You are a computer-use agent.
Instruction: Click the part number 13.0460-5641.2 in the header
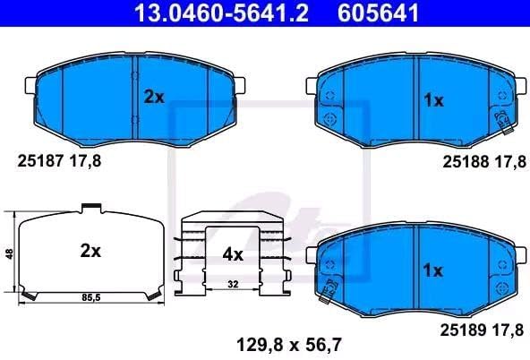tap(221, 13)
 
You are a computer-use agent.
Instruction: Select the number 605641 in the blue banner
tap(378, 13)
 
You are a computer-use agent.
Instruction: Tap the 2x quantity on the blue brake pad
tap(154, 97)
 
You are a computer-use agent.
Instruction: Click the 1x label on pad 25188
tap(433, 100)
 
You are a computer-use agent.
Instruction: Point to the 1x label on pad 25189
tap(433, 270)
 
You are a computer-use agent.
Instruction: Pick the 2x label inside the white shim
tap(90, 251)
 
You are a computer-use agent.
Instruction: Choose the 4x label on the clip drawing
tap(233, 254)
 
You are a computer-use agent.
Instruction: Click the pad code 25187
tap(40, 161)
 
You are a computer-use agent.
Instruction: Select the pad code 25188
tap(466, 162)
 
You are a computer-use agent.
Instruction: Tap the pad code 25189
tap(463, 330)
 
